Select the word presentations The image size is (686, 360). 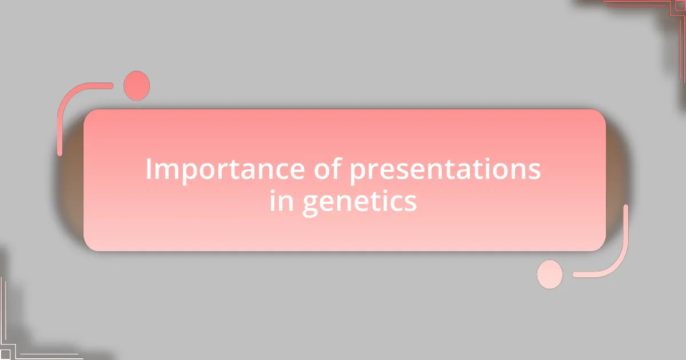(445, 170)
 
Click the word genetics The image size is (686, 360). (360, 202)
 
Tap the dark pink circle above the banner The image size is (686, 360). (137, 86)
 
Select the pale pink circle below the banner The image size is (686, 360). (550, 274)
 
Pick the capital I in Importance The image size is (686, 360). (149, 169)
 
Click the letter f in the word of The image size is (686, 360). (337, 168)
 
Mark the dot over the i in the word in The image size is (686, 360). (273, 191)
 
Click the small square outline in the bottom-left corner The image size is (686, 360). (5, 355)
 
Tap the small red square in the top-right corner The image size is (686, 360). (681, 5)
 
